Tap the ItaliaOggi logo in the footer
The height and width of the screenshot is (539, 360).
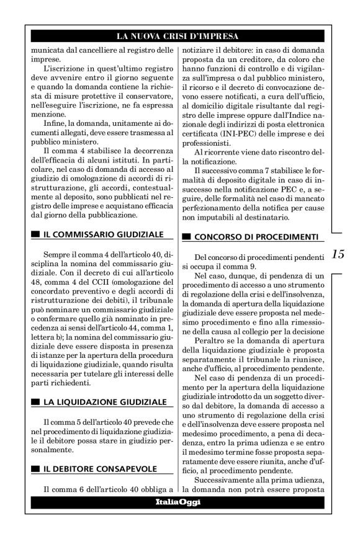tap(181, 501)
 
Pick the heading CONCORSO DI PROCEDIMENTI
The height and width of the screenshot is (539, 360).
tap(256, 236)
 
